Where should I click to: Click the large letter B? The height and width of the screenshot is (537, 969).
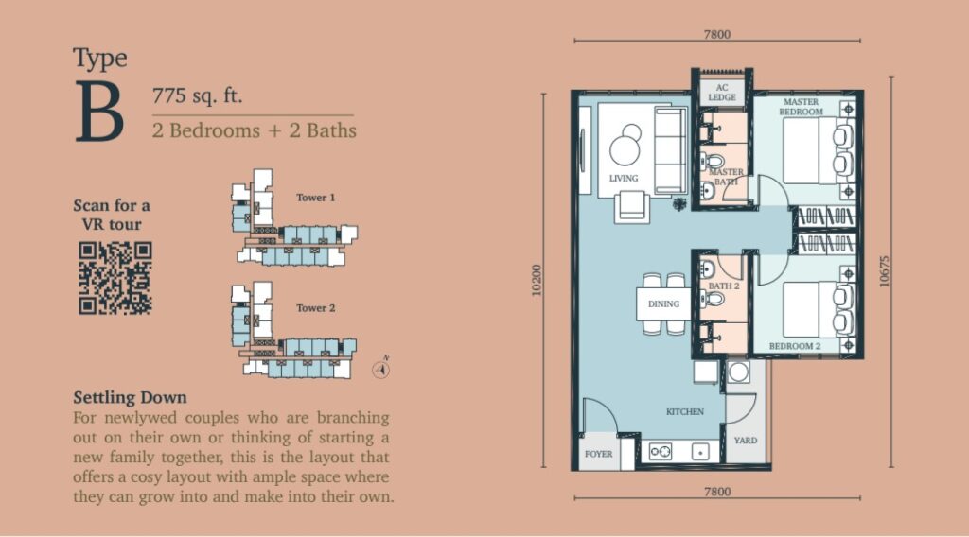pos(99,112)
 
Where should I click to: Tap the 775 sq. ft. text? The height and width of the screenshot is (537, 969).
pos(197,95)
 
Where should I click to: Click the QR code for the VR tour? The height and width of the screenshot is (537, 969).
pos(115,278)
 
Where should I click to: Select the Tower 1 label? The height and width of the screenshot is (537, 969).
pos(315,198)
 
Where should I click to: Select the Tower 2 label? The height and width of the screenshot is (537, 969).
pos(315,308)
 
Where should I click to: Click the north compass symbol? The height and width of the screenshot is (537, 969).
pos(381,369)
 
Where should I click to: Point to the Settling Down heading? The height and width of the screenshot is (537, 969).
pos(130,397)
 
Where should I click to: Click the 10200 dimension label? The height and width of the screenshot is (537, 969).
pos(536,280)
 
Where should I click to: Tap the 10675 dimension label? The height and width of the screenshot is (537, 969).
pos(885,271)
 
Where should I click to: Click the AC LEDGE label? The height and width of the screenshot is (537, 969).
pos(722,93)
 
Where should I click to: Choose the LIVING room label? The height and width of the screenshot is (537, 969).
pos(624,179)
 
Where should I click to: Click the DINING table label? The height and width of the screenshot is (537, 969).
pos(663,303)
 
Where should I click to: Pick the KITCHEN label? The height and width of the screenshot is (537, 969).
pos(685,411)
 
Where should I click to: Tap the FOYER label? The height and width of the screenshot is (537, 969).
pos(598,454)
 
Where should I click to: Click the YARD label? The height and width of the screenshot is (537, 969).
pos(746,440)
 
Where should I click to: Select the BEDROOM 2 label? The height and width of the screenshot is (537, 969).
pos(795,346)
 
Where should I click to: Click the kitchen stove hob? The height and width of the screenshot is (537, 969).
pos(660,452)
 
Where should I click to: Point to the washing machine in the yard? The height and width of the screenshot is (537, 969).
pos(738,372)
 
